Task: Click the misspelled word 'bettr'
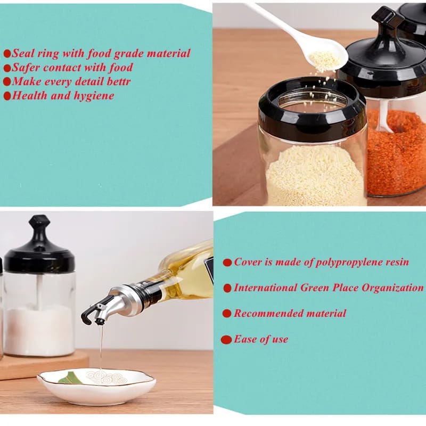(x=119, y=81)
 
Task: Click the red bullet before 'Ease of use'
(x=226, y=339)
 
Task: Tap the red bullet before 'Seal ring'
(x=7, y=53)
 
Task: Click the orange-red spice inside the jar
(x=397, y=160)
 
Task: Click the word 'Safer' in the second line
(x=26, y=68)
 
